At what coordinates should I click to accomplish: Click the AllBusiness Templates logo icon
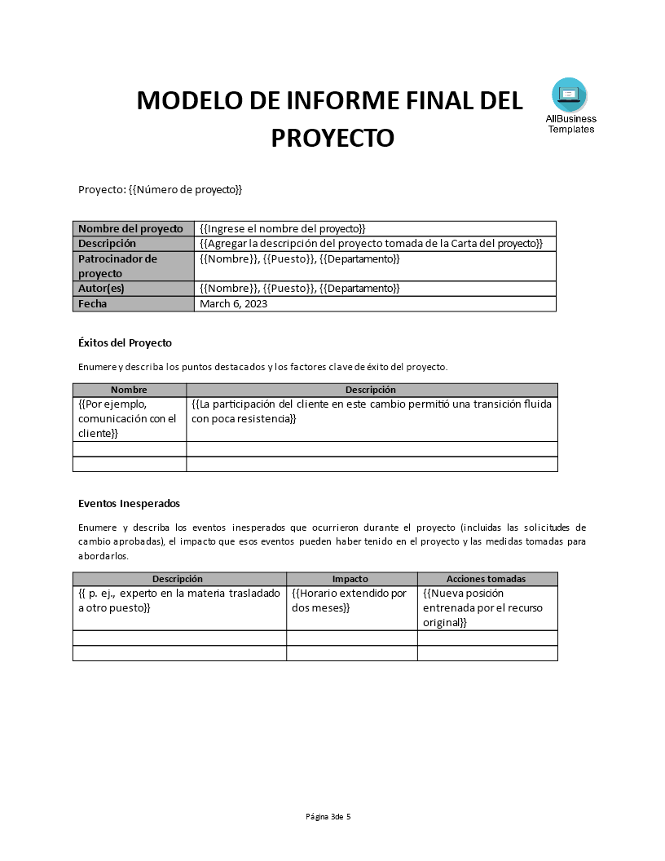pyautogui.click(x=569, y=95)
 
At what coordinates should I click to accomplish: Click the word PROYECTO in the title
pyautogui.click(x=332, y=138)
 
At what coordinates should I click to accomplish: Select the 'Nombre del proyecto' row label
pyautogui.click(x=130, y=229)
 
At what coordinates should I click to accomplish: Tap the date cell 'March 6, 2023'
pyautogui.click(x=233, y=304)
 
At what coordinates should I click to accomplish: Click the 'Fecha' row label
pyautogui.click(x=93, y=304)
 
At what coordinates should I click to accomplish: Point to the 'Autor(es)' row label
pyautogui.click(x=101, y=289)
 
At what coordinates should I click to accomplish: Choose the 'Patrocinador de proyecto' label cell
pyautogui.click(x=117, y=266)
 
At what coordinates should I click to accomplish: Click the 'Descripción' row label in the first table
pyautogui.click(x=107, y=244)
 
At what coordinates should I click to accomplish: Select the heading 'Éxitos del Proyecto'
pyautogui.click(x=125, y=342)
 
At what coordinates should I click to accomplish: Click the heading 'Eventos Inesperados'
pyautogui.click(x=129, y=503)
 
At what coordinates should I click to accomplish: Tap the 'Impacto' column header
pyautogui.click(x=350, y=579)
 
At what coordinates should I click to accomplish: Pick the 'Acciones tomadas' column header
pyautogui.click(x=486, y=579)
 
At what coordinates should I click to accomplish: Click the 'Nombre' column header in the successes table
pyautogui.click(x=129, y=390)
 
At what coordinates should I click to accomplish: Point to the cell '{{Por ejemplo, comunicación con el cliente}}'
pyautogui.click(x=127, y=418)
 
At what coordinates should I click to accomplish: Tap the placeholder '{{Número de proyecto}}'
pyautogui.click(x=186, y=190)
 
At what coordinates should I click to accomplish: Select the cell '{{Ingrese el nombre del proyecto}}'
pyautogui.click(x=282, y=229)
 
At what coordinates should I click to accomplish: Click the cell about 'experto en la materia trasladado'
pyautogui.click(x=178, y=601)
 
